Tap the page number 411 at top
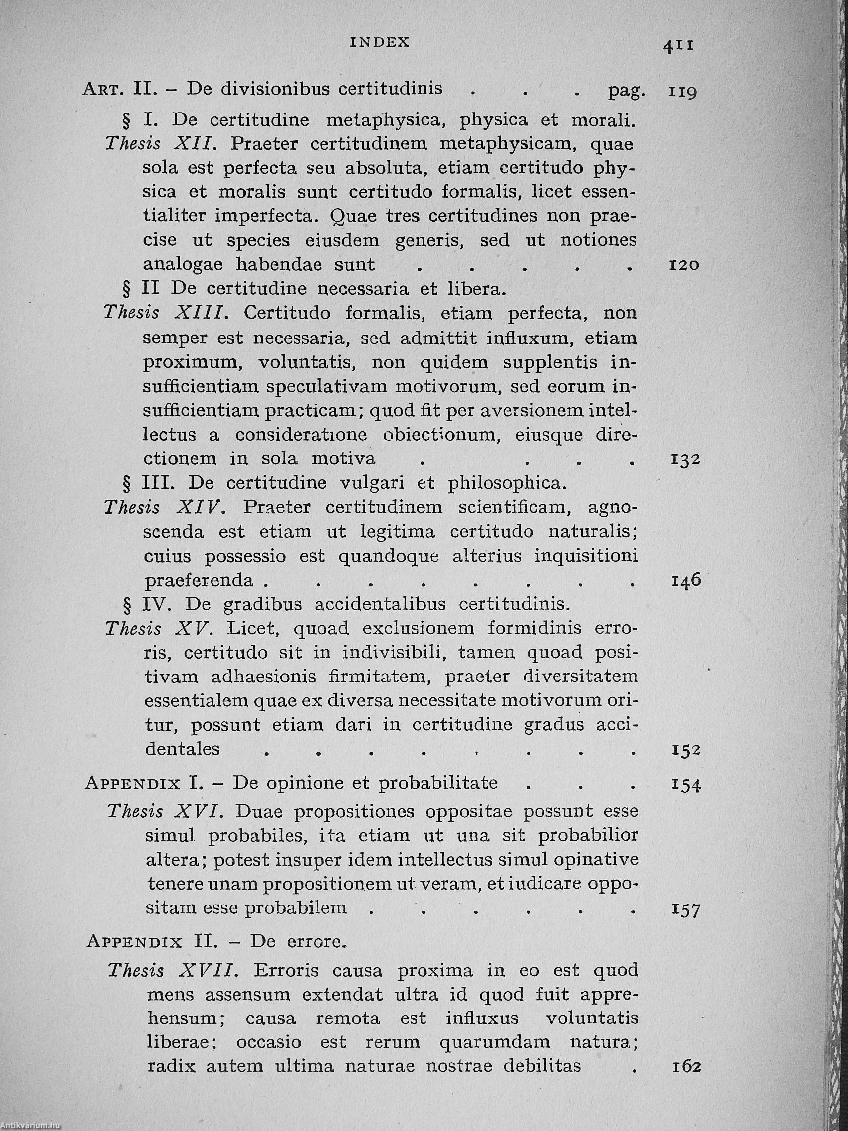click(678, 45)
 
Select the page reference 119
click(682, 93)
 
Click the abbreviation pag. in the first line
click(627, 91)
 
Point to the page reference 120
click(684, 265)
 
